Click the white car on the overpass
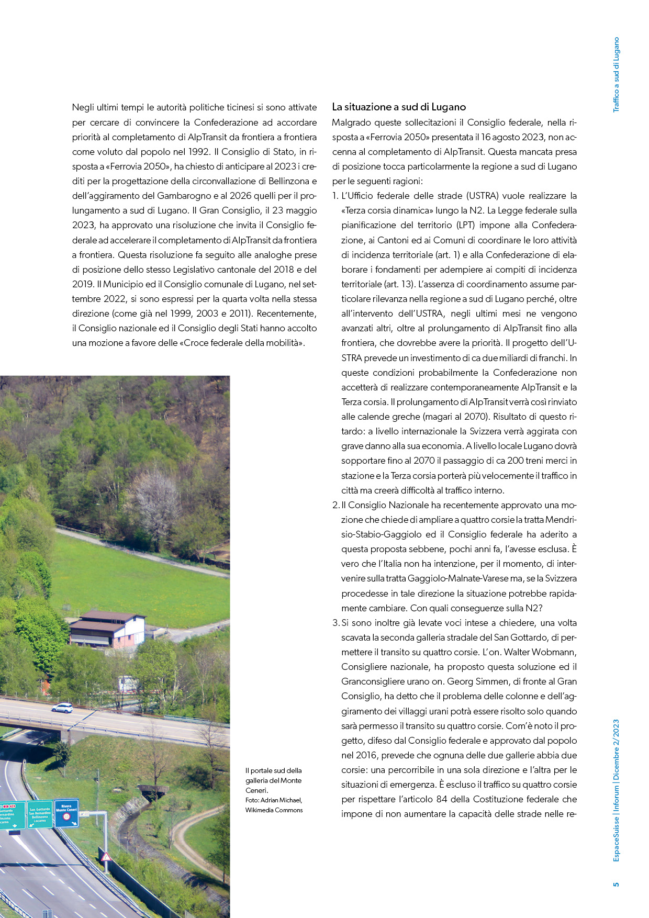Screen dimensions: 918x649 pos(62,708)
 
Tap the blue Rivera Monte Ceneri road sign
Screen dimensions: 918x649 pos(66,813)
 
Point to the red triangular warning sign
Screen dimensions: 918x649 pos(106,857)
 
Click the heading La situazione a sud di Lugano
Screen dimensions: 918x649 pos(399,107)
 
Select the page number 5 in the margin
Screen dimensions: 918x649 pos(616,884)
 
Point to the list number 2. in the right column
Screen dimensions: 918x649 pos(336,506)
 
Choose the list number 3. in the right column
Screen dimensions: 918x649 pos(336,623)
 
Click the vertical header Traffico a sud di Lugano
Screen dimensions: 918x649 pos(616,74)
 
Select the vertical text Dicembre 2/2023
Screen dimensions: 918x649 pos(616,749)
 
